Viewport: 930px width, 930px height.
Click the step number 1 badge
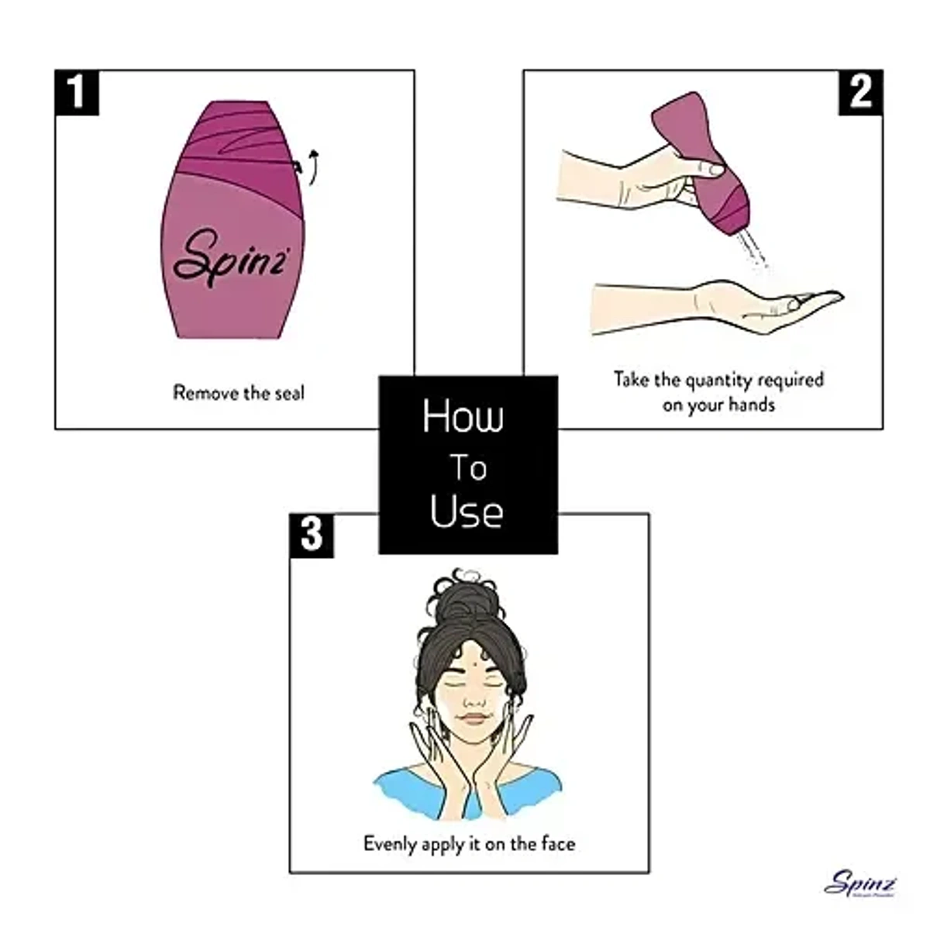(x=77, y=92)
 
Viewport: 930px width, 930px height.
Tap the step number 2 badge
(x=860, y=92)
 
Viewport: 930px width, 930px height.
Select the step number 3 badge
(x=312, y=535)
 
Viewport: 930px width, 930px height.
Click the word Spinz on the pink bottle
(x=230, y=257)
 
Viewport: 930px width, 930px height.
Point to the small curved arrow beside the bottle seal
(x=312, y=167)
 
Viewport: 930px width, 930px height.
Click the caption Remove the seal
(x=239, y=393)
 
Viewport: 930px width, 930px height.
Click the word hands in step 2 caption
(x=751, y=405)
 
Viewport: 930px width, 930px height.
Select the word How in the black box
(x=463, y=416)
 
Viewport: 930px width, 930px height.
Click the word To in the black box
(x=468, y=468)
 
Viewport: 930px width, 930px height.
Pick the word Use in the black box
(x=467, y=512)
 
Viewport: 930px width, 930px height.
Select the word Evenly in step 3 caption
(x=390, y=843)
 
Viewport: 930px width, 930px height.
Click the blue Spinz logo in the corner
(x=860, y=883)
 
